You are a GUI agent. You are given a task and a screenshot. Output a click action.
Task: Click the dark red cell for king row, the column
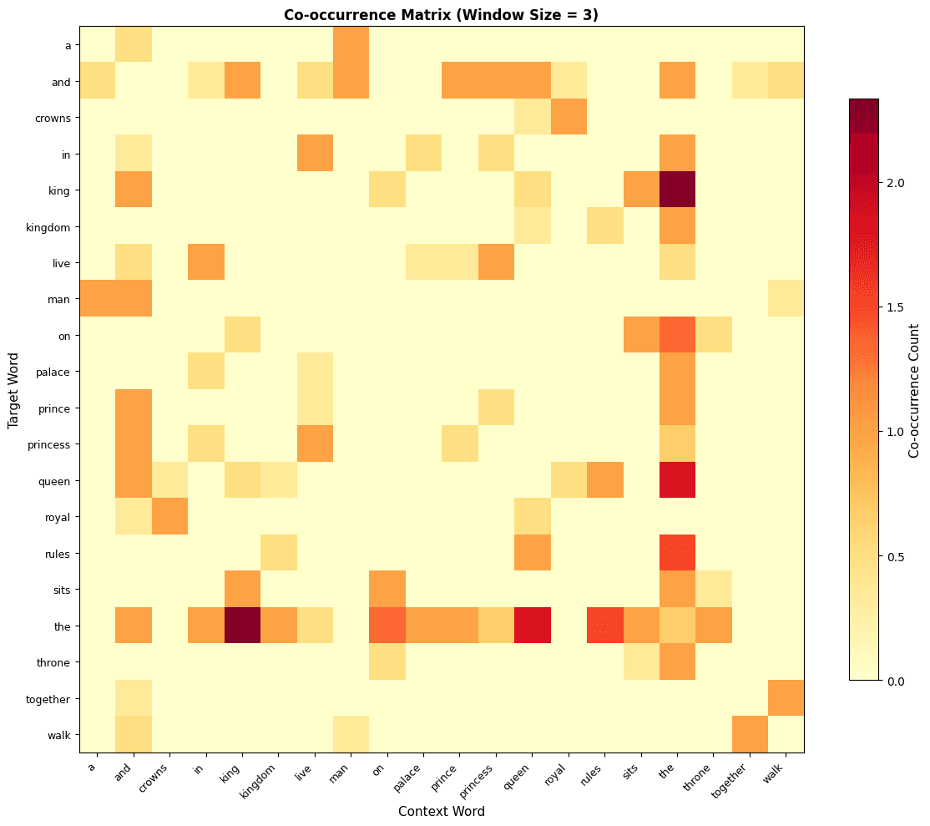[x=678, y=190]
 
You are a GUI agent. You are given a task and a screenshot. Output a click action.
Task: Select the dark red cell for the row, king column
[x=242, y=626]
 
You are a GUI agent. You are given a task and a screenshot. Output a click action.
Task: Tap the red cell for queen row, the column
[x=678, y=480]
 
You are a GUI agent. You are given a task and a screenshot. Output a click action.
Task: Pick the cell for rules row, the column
[x=678, y=553]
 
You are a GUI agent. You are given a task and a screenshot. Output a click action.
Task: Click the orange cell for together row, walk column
[x=786, y=698]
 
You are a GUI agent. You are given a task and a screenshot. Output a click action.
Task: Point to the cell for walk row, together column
[x=751, y=734]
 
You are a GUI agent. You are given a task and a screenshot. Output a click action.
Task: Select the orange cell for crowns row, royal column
[x=569, y=117]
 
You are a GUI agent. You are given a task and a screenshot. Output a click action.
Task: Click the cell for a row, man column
[x=351, y=44]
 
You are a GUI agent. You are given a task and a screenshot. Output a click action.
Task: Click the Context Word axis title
[x=442, y=811]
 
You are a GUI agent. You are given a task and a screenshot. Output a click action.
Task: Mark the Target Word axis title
[x=13, y=390]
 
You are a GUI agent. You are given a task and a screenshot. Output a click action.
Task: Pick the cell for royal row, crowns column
[x=169, y=516]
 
